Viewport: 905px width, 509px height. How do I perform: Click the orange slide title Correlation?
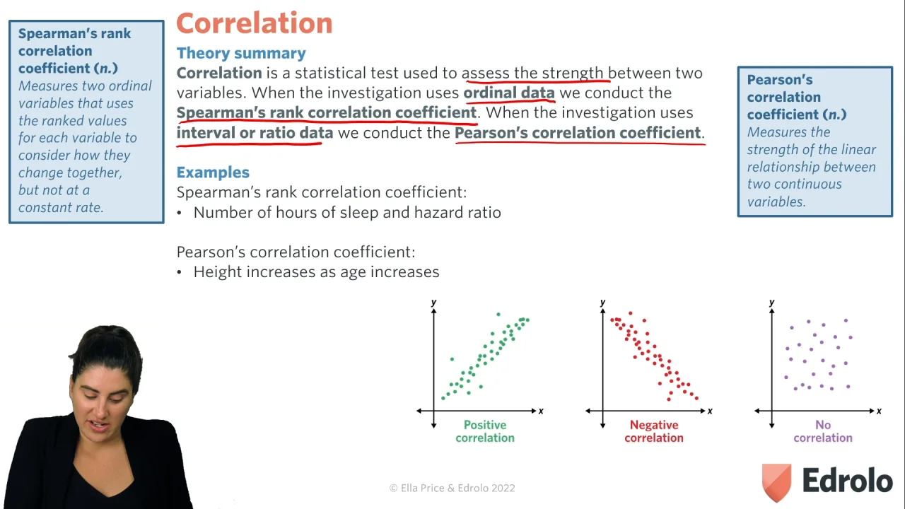255,23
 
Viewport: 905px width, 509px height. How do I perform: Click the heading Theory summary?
241,53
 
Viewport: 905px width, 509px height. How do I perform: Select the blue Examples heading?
213,172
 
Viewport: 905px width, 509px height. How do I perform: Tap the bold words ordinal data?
509,93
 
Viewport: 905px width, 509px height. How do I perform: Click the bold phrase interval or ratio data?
255,132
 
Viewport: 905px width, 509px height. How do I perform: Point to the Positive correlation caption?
485,431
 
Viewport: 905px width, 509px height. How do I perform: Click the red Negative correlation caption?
654,431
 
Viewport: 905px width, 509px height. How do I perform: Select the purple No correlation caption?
823,431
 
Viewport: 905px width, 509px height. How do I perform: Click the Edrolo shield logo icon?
776,482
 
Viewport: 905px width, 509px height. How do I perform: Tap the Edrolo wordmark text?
847,480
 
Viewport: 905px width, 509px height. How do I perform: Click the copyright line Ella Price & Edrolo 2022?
452,488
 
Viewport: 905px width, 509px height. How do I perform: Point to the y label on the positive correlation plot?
433,302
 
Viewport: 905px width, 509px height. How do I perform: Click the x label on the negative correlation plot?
710,411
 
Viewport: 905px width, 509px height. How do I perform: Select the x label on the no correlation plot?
879,411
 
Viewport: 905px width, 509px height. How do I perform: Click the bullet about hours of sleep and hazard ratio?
339,213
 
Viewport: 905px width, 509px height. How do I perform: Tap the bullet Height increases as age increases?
308,272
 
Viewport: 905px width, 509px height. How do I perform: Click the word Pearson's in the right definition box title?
779,80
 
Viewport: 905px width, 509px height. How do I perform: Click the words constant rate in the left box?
61,207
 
